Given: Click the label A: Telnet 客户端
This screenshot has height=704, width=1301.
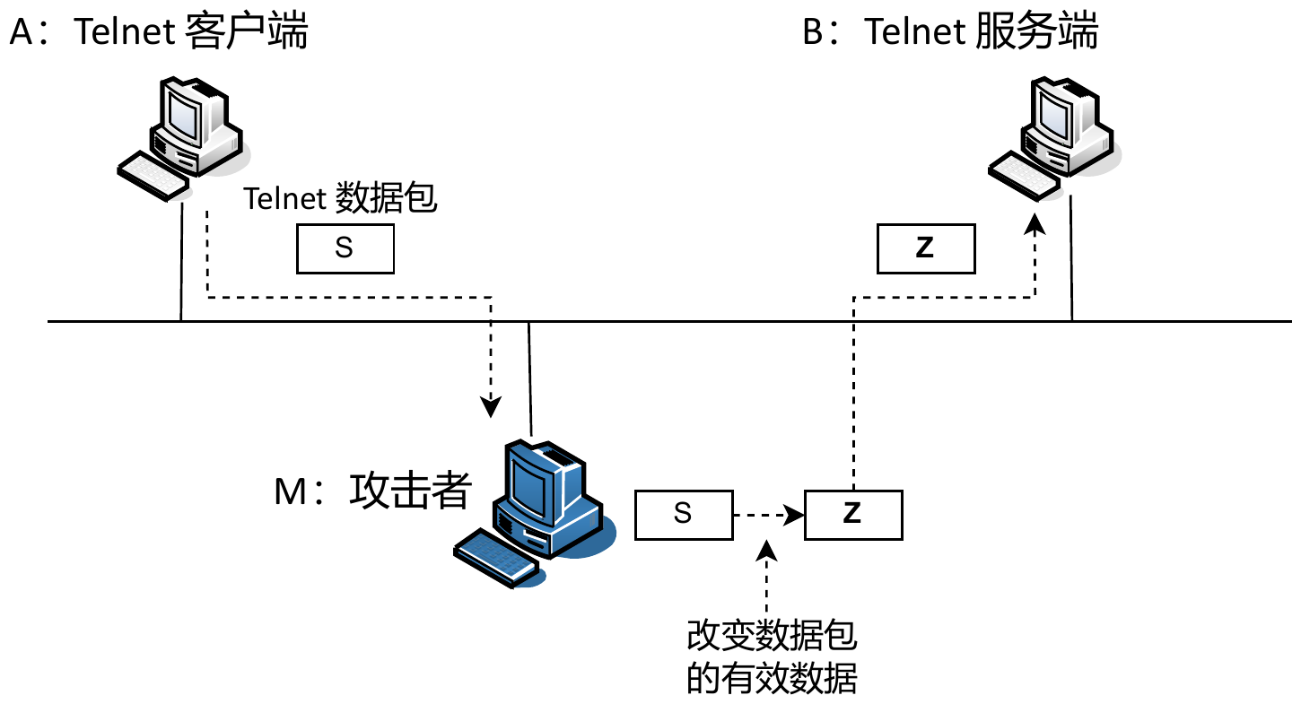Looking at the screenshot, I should coord(158,32).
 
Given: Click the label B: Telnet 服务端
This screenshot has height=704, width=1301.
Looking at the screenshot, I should coord(950,32).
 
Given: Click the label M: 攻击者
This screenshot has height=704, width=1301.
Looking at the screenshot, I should coord(372,491).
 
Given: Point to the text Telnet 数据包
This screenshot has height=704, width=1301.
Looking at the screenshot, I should coord(341,198).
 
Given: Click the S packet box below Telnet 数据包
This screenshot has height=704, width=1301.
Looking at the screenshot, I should coord(345,248).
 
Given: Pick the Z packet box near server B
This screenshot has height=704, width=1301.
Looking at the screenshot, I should coord(926,248).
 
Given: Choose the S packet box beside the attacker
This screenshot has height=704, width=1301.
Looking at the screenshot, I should coord(683,515).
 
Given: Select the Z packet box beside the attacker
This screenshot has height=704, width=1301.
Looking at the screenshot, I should coord(852,515).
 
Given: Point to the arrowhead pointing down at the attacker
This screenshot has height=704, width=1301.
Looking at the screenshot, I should coord(490,408).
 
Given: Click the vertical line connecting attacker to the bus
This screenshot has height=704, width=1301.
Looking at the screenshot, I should coord(531,377).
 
